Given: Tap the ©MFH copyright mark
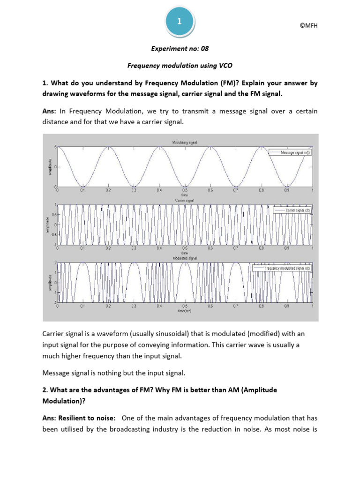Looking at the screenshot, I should coord(308,26).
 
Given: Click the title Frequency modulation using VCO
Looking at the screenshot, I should coord(180,66).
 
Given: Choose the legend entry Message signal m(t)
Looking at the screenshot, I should coord(290,152).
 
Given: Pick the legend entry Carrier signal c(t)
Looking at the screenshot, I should coord(292,211).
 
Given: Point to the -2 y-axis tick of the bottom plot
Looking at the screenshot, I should coord(55,303).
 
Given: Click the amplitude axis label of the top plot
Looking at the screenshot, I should coord(49,167).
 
